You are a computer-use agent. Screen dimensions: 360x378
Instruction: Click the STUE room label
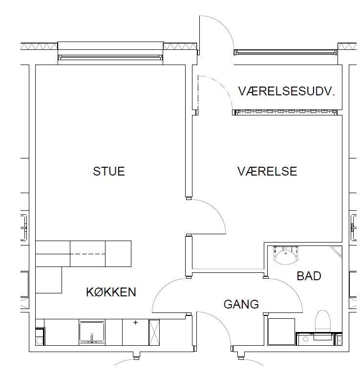pyautogui.click(x=109, y=171)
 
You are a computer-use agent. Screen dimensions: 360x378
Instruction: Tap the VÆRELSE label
pyautogui.click(x=267, y=171)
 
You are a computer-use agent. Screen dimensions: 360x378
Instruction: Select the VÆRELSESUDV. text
pyautogui.click(x=287, y=91)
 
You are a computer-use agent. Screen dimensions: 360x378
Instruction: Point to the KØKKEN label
pyautogui.click(x=111, y=292)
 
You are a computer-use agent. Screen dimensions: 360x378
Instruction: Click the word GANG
pyautogui.click(x=241, y=304)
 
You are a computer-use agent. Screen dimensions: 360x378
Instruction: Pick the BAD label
pyautogui.click(x=309, y=276)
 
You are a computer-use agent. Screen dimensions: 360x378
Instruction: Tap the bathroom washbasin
pyautogui.click(x=286, y=256)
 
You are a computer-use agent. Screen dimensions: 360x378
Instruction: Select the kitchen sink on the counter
pyautogui.click(x=92, y=332)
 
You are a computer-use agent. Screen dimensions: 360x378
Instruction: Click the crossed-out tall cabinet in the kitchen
pyautogui.click(x=154, y=332)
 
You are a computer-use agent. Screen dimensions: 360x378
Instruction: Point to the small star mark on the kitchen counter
pyautogui.click(x=136, y=323)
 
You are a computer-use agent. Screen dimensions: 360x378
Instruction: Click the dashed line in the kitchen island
pyautogui.click(x=87, y=254)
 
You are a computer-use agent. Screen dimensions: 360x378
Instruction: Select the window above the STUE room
pyautogui.click(x=110, y=57)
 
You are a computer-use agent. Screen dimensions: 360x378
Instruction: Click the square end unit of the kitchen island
pyautogui.click(x=118, y=254)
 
